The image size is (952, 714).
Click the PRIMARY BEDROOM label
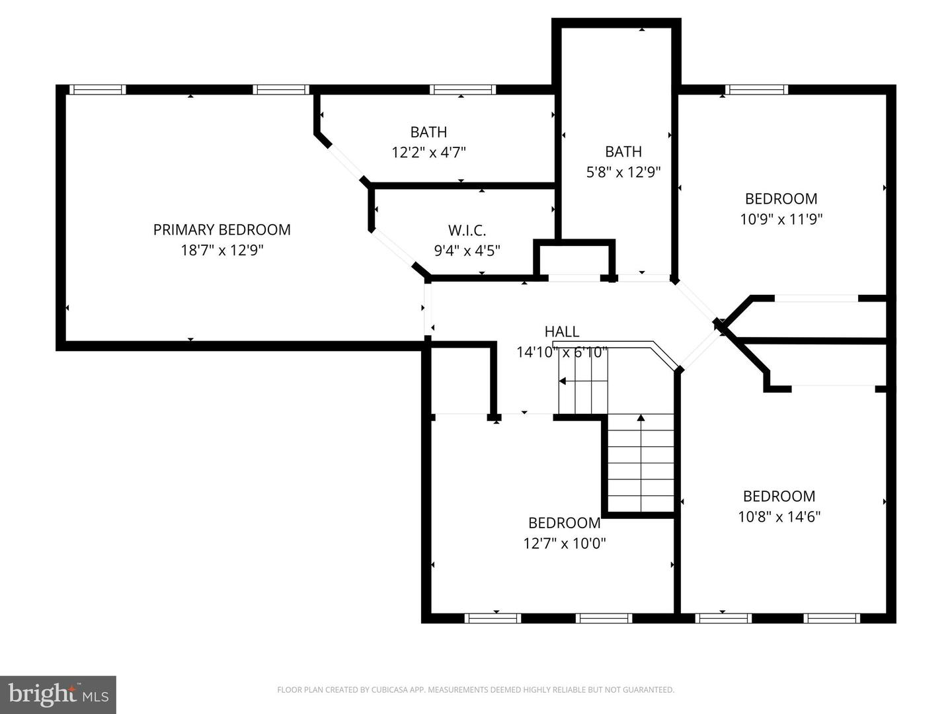point(221,229)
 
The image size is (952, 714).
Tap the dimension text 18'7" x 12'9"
point(221,251)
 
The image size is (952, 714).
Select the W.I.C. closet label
point(467,231)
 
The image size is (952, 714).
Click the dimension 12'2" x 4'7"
point(428,153)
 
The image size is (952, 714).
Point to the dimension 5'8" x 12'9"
point(623,173)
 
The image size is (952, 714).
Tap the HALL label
point(561,331)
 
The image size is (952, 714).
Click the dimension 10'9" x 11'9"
point(781,219)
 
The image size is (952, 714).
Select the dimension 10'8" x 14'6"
point(779,516)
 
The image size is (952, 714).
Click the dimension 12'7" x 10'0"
point(564,543)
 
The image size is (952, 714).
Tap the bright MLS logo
point(58,694)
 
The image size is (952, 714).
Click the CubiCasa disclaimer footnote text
point(475,690)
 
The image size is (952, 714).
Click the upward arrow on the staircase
point(641,418)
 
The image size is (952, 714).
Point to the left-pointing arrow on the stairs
point(563,381)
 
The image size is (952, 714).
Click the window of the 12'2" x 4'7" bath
point(462,90)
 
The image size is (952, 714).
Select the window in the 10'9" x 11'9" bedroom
point(756,90)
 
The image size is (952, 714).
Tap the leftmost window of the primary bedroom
point(97,90)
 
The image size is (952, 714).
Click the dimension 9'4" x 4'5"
point(467,251)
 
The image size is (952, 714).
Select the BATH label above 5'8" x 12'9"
point(623,151)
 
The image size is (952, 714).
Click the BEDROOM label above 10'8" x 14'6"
point(779,496)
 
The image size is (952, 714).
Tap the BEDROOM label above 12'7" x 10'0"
point(564,523)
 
